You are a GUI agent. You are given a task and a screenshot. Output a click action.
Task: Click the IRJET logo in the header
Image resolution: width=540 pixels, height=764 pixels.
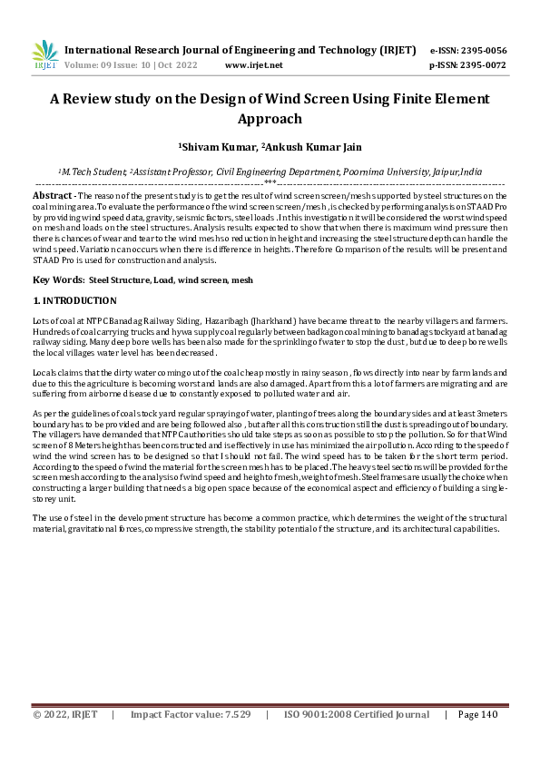coord(44,56)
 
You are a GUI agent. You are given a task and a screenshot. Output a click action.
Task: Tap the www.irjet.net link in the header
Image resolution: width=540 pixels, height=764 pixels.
coord(253,65)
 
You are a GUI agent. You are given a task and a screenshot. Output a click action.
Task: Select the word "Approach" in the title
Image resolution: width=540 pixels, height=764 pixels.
coord(270,119)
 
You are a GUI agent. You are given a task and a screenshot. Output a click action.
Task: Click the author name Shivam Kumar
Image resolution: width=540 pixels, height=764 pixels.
coord(219,145)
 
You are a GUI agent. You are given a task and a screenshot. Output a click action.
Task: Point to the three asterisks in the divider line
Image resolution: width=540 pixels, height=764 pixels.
coord(270,182)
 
